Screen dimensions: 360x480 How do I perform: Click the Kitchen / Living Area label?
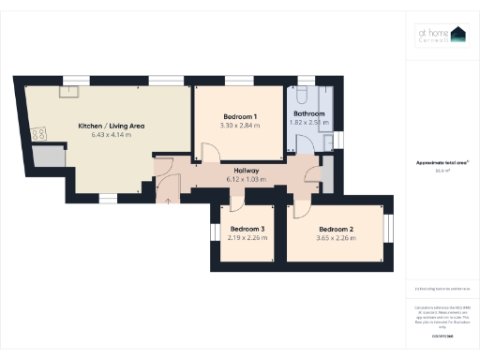click(111, 126)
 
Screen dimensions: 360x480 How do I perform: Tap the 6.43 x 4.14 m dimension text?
click(111, 135)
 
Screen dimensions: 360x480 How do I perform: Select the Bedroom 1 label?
click(238, 116)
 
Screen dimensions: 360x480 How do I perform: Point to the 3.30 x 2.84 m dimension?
click(238, 126)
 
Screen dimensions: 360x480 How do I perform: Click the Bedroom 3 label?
click(248, 229)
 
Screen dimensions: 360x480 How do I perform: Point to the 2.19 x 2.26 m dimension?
click(248, 237)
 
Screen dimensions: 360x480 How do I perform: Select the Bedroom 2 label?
click(336, 229)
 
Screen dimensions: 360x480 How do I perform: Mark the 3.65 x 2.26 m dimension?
click(336, 237)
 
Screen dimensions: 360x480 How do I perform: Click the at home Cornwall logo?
click(442, 35)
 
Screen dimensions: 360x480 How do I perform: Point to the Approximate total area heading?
click(442, 163)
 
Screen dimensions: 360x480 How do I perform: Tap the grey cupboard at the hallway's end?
click(326, 174)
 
